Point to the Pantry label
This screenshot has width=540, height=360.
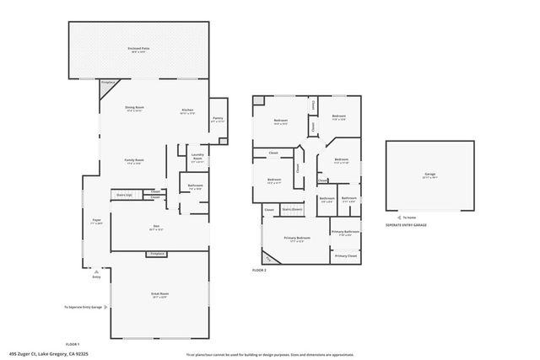point(217,119)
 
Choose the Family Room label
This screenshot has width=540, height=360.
point(133,162)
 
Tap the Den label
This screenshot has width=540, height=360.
point(156,227)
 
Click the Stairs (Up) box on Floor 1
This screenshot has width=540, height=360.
point(123,195)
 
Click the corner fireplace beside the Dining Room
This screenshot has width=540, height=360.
point(108,83)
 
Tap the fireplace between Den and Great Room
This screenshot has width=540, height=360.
point(156,253)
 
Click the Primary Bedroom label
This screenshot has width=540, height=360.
point(297,239)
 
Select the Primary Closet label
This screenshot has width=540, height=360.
point(345,255)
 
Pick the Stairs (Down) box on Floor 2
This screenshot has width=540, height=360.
point(292,208)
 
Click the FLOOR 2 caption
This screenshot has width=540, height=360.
point(259,270)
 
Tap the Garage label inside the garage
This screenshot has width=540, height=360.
point(430,175)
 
